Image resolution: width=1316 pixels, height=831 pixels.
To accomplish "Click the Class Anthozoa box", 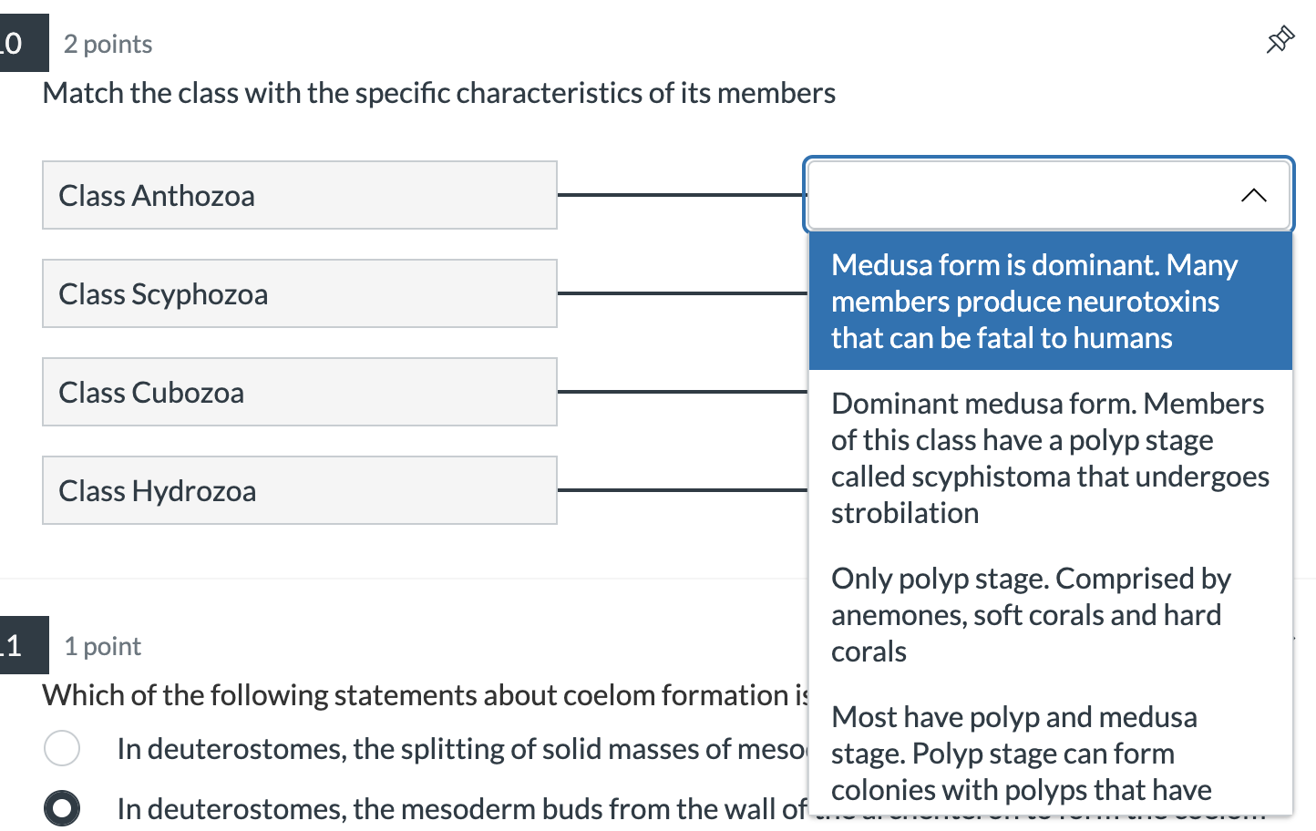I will point(299,195).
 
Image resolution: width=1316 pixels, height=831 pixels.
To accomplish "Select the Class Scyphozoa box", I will point(299,293).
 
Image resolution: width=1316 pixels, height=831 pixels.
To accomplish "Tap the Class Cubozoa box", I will point(299,392).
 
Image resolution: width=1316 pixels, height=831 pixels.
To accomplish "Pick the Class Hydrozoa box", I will point(299,490).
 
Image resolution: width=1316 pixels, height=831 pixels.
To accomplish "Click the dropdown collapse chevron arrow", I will point(1253,195).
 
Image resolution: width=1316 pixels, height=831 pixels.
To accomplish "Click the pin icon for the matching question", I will point(1280,40).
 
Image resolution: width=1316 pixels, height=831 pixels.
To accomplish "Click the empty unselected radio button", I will point(62,748).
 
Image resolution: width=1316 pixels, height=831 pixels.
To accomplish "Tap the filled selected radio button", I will point(62,808).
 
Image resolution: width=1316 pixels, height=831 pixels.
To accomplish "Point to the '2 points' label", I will point(108,44).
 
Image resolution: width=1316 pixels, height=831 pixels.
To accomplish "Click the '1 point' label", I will point(102,646).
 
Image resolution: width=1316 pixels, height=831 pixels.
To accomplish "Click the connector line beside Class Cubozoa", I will point(682,392).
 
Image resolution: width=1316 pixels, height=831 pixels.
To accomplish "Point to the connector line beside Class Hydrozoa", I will point(682,490).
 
